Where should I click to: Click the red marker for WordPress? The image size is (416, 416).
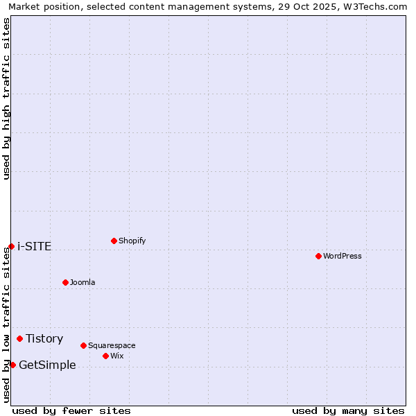pyautogui.click(x=318, y=256)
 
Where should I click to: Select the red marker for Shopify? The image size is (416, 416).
pyautogui.click(x=114, y=241)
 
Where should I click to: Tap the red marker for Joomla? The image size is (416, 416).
pyautogui.click(x=65, y=282)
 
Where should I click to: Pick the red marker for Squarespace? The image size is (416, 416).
pyautogui.click(x=83, y=345)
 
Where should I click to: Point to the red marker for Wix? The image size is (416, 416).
pyautogui.click(x=105, y=356)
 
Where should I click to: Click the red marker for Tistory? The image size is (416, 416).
pyautogui.click(x=19, y=338)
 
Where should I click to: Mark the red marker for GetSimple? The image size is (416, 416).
pyautogui.click(x=12, y=365)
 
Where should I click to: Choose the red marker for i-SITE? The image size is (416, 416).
pyautogui.click(x=11, y=246)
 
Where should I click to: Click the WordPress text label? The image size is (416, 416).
pyautogui.click(x=343, y=256)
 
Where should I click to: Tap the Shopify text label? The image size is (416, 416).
pyautogui.click(x=132, y=241)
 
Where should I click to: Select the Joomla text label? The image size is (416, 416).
pyautogui.click(x=83, y=282)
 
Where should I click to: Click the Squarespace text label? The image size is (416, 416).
pyautogui.click(x=112, y=345)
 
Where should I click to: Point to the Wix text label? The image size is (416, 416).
pyautogui.click(x=117, y=356)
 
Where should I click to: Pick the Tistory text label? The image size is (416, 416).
pyautogui.click(x=44, y=338)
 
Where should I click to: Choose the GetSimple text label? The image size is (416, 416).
pyautogui.click(x=47, y=365)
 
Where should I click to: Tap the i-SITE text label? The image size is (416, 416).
pyautogui.click(x=34, y=246)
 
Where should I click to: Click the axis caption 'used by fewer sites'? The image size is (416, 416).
pyautogui.click(x=71, y=410)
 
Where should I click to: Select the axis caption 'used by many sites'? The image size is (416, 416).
pyautogui.click(x=348, y=410)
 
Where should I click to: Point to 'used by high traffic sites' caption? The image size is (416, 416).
pyautogui.click(x=7, y=98)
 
